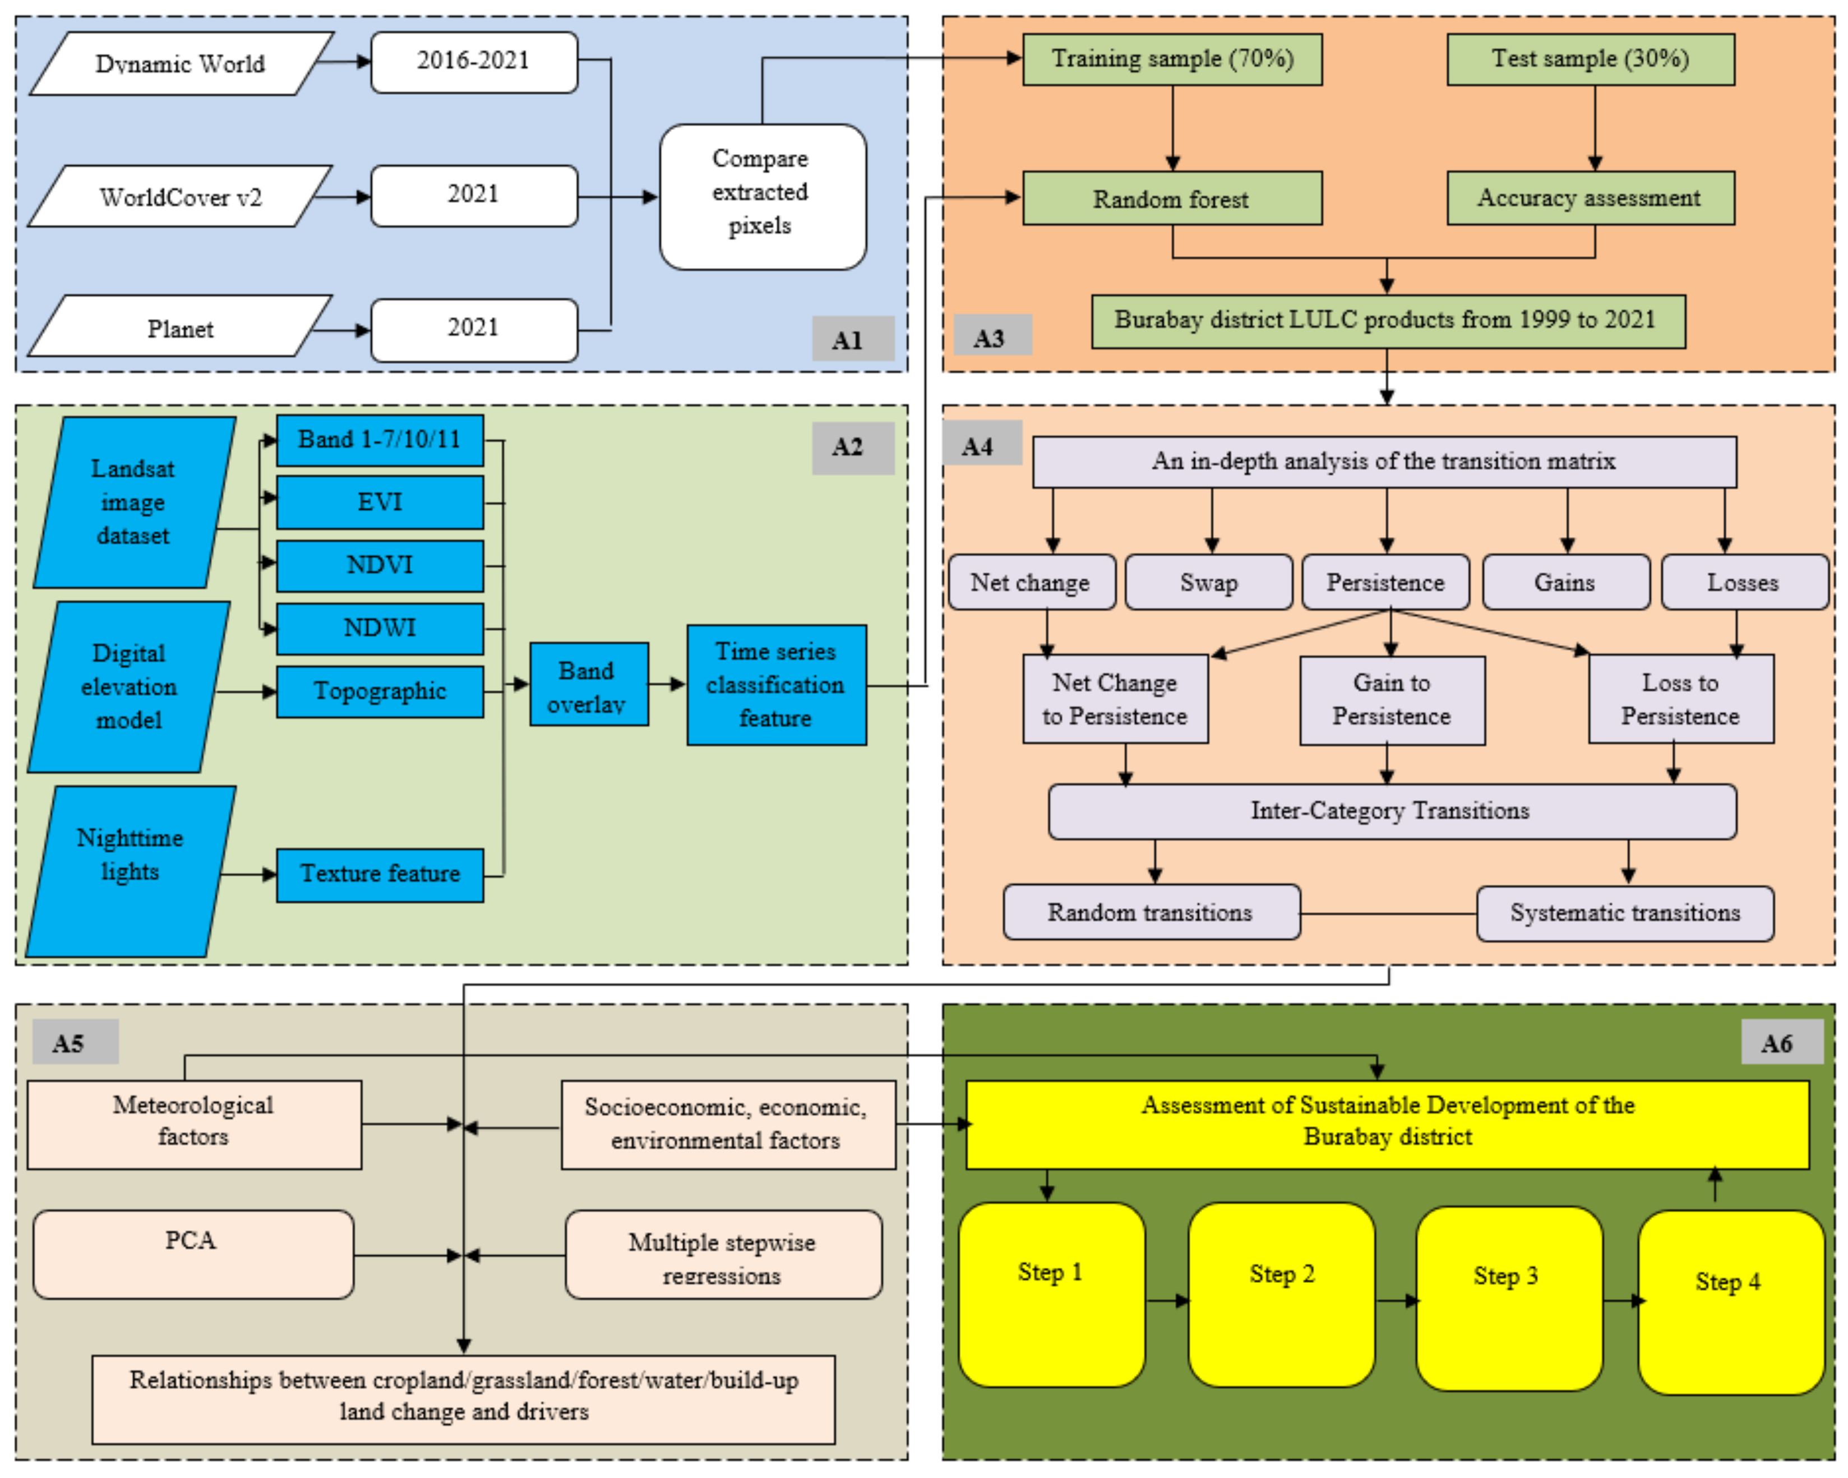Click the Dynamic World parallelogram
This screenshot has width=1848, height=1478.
(180, 63)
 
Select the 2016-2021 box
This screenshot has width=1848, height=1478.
(474, 62)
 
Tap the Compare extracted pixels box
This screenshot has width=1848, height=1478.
(762, 196)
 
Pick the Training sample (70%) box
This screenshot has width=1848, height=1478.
(1172, 59)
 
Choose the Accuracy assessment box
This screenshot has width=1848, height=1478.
(1590, 198)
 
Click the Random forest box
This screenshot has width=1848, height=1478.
(1172, 199)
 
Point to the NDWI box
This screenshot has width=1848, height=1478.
(380, 629)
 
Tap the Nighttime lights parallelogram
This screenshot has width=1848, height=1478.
(130, 870)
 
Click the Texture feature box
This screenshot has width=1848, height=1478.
(380, 875)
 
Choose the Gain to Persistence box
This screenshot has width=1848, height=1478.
(1391, 700)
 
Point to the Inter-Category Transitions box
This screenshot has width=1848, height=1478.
(1391, 810)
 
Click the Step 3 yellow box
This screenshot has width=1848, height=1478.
(1508, 1298)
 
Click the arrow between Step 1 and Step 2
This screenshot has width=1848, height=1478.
(1167, 1300)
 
